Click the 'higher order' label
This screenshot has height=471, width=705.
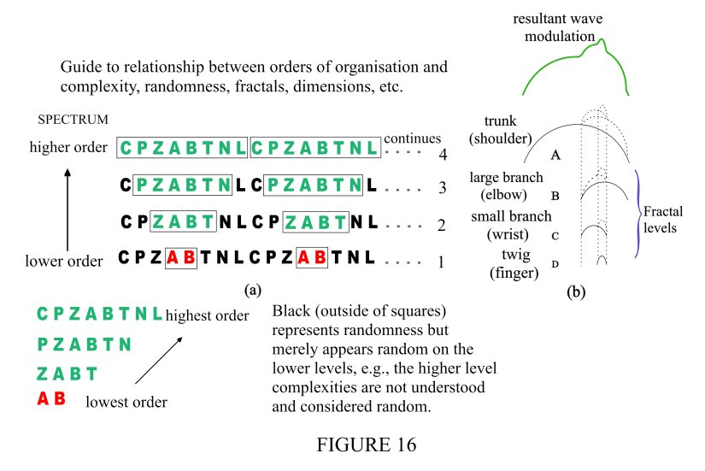click(x=68, y=148)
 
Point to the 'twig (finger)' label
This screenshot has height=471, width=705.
click(x=513, y=263)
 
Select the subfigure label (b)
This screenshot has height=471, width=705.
click(x=577, y=291)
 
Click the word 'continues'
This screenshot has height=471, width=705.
click(x=413, y=138)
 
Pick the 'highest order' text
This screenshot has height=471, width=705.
click(x=208, y=315)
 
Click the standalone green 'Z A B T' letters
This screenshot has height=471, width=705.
click(x=68, y=374)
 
